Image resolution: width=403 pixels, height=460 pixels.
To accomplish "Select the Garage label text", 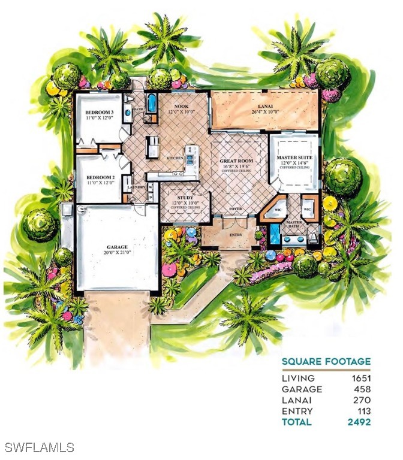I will click(117, 246).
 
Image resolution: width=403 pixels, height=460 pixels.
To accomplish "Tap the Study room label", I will click(184, 197).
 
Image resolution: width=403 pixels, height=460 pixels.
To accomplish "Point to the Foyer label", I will click(235, 210).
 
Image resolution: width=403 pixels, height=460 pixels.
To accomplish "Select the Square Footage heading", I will click(326, 361).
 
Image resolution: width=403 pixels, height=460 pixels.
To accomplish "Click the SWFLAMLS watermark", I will click(39, 447).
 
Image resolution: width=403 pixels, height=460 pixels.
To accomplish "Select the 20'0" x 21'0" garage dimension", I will click(117, 253).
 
